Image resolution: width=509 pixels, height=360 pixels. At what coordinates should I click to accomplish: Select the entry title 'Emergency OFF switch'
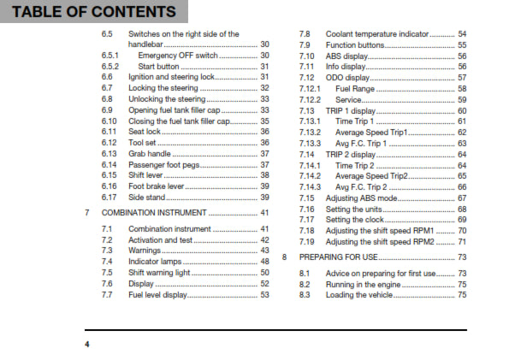point(178,55)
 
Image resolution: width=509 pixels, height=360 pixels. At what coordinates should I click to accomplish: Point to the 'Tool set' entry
point(145,142)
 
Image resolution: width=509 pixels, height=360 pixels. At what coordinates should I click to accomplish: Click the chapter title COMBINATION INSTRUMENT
point(154,212)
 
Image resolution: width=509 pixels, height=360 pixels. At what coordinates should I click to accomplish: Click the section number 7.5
point(107,272)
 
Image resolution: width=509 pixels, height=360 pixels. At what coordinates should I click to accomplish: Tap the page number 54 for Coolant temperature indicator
point(462,32)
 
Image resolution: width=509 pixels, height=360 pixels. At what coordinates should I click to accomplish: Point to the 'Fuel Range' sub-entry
point(353,88)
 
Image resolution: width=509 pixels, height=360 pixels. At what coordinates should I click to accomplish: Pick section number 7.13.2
point(310,133)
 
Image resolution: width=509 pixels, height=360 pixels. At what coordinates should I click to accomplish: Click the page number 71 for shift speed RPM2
point(462,242)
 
